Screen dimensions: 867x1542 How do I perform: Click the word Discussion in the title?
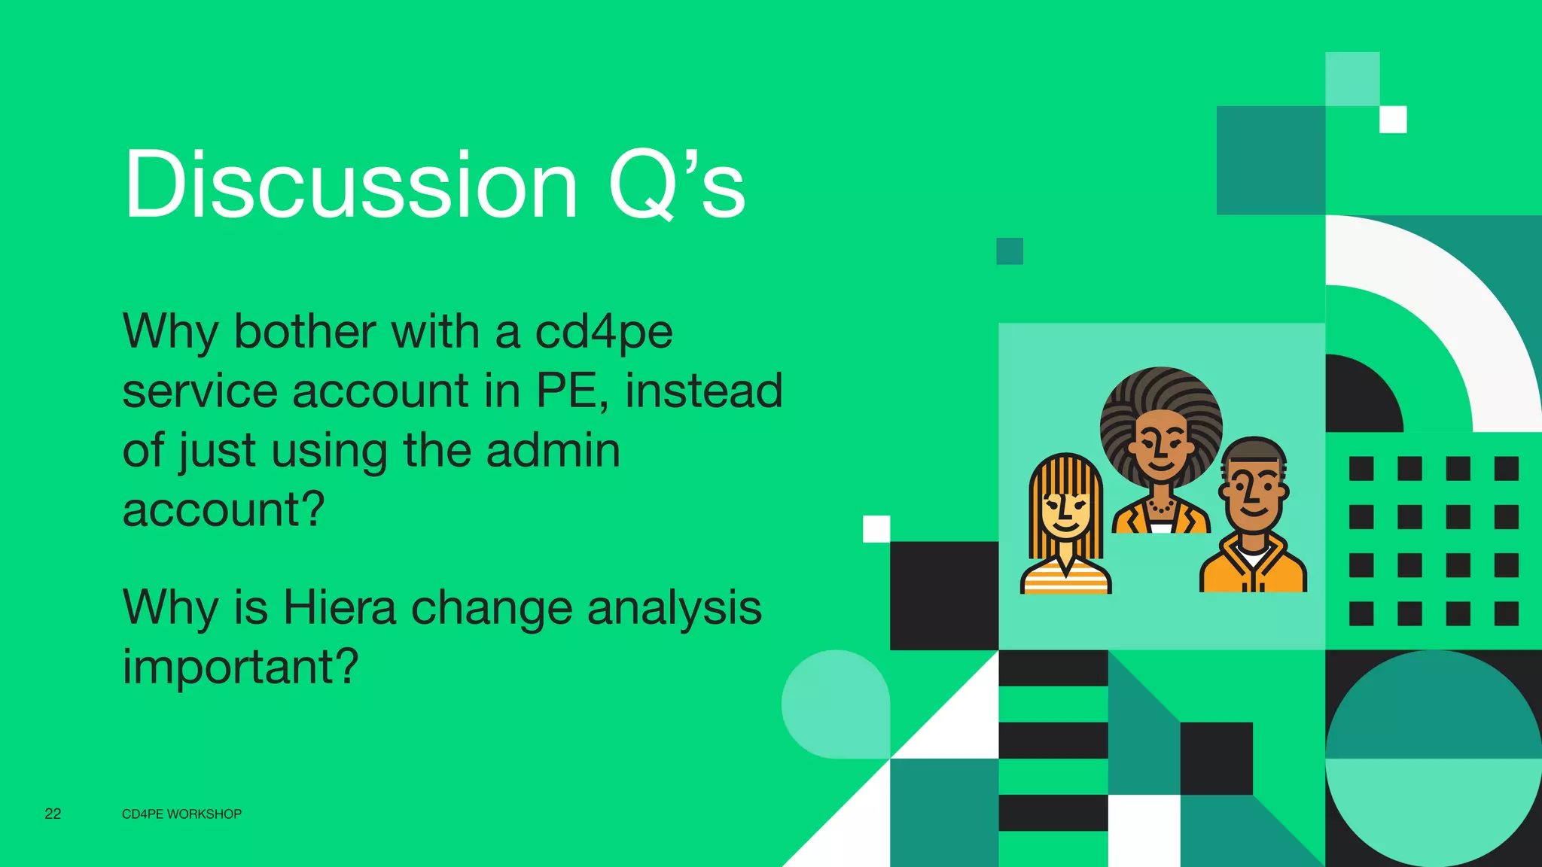(x=350, y=184)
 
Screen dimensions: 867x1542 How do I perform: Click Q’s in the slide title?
(x=675, y=184)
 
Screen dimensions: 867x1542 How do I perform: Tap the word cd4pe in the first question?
(x=603, y=331)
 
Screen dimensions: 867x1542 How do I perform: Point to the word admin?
(x=553, y=450)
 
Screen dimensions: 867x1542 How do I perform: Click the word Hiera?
(x=339, y=607)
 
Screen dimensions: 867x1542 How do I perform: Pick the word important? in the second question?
(x=240, y=667)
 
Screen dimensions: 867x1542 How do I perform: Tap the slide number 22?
(x=53, y=814)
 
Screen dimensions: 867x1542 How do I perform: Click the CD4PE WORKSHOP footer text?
(x=181, y=814)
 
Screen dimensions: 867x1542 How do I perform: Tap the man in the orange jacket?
(x=1254, y=519)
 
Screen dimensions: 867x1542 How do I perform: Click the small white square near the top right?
(x=1393, y=119)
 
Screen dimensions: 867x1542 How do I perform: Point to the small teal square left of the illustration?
(x=1010, y=251)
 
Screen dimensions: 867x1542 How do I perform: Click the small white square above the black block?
(x=876, y=528)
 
